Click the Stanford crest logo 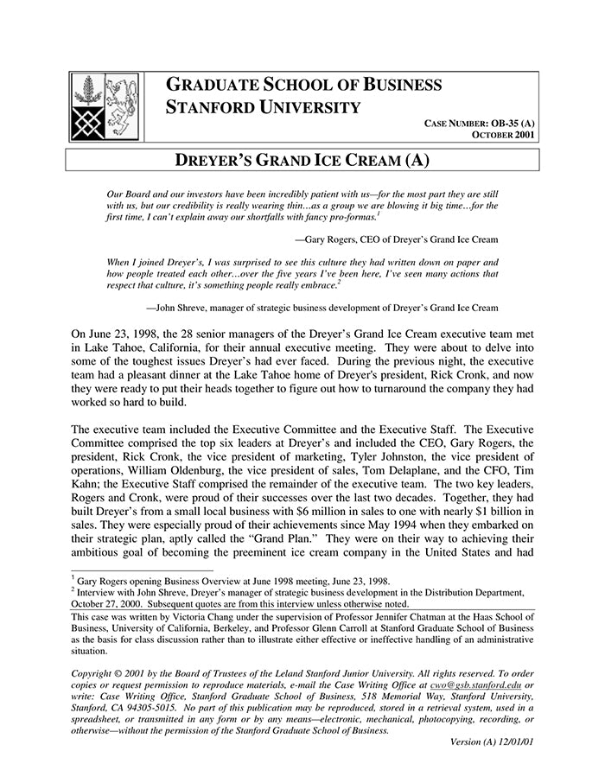[105, 106]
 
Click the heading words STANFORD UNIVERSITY [263, 108]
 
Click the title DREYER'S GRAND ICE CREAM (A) [302, 161]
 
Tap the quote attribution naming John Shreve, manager [322, 307]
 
